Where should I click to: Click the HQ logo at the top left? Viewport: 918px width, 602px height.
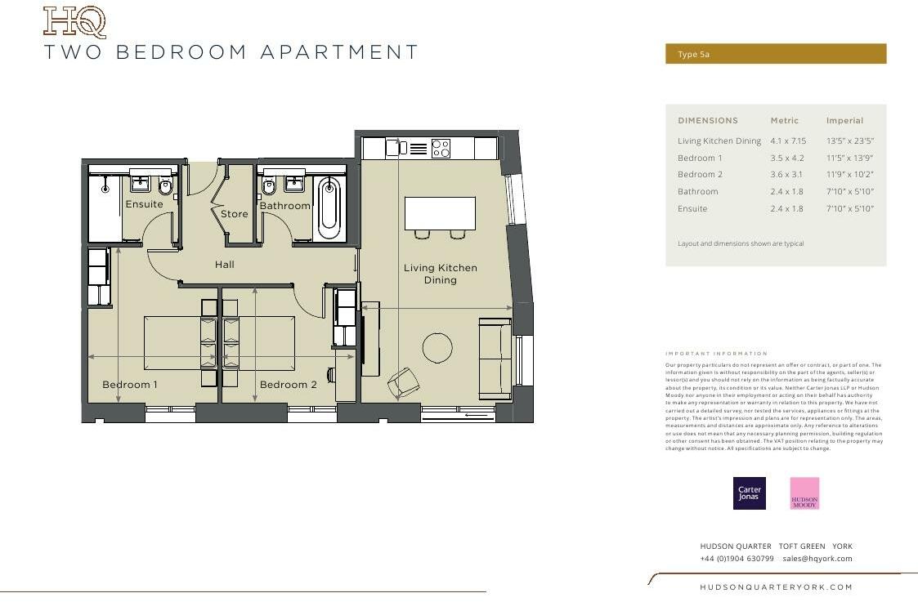[74, 22]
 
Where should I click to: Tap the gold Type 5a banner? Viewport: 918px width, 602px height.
[775, 54]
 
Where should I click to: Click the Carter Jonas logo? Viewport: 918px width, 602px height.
[749, 493]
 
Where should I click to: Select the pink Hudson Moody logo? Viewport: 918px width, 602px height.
[804, 493]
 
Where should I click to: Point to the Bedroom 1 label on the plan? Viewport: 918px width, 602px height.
[130, 385]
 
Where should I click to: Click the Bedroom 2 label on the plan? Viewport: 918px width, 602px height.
[288, 385]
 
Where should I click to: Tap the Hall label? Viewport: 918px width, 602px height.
[225, 265]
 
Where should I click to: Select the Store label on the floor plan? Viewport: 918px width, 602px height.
[234, 214]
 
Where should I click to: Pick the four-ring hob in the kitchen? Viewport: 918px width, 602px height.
[441, 148]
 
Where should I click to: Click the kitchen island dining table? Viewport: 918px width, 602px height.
[440, 213]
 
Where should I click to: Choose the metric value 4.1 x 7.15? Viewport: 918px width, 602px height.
[788, 141]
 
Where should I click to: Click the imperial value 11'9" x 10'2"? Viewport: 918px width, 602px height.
[849, 175]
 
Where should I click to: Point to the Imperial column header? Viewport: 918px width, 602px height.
[844, 121]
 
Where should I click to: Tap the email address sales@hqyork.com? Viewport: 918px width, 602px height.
[817, 559]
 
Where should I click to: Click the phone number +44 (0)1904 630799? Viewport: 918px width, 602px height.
[737, 559]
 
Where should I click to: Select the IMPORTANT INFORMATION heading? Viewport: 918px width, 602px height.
[717, 354]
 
